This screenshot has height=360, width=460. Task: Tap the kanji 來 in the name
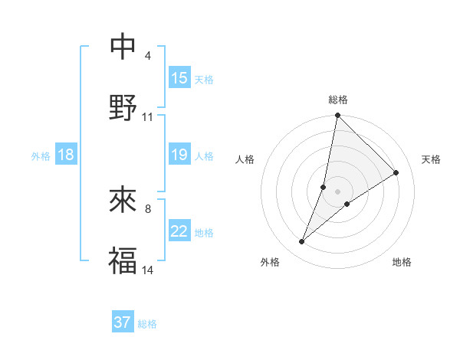coord(123,200)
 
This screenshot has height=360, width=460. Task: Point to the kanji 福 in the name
coord(123,260)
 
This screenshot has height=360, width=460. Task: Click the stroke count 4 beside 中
coord(147,56)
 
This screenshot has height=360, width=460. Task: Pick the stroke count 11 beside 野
coord(148,117)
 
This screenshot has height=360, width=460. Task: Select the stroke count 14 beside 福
coord(148,270)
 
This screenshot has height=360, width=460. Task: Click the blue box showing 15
coord(179,78)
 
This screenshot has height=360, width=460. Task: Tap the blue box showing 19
coord(179,155)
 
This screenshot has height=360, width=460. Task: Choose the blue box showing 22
coord(179,231)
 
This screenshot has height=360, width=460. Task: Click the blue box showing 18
coord(66,155)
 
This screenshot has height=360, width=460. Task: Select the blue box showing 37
coord(123,322)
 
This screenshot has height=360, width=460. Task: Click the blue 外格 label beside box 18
coord(41,155)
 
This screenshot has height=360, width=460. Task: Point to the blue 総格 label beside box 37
coord(147,324)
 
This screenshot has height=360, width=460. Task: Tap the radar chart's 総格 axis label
coord(338,100)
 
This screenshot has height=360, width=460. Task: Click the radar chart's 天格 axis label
coord(431,159)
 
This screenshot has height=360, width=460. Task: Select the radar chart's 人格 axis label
coord(245,159)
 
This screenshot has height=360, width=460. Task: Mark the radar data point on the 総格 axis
coord(337,116)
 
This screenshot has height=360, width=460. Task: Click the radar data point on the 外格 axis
coord(302,242)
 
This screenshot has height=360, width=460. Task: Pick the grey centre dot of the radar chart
coord(338,191)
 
